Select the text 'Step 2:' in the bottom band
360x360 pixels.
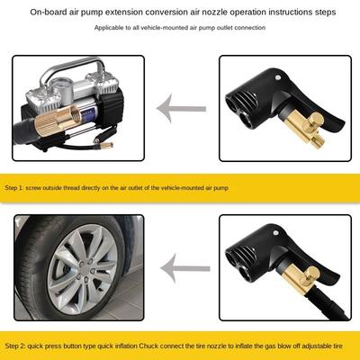[x=20, y=346]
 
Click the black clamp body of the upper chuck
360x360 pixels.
[x=265, y=99]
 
